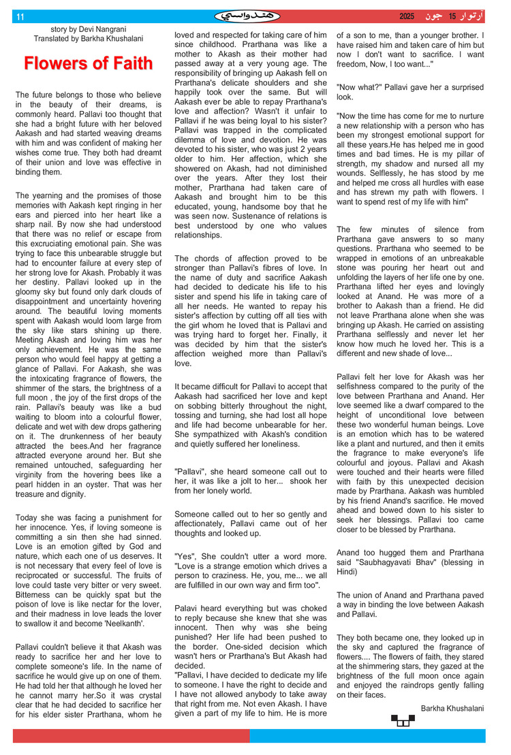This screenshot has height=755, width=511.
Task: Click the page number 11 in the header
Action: pos(20,16)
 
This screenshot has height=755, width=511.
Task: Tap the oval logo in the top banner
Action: pos(247,16)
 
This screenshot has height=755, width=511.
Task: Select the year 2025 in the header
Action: pos(407,16)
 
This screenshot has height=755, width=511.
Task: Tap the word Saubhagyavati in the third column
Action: pos(387,562)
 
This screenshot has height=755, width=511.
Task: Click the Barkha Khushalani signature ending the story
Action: pos(452,709)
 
